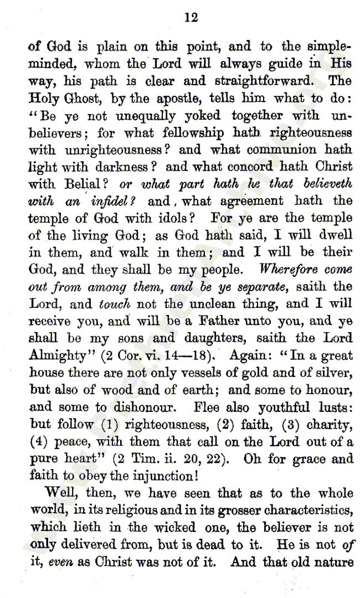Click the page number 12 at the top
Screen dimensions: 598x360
(191, 18)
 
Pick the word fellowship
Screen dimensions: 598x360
(189, 132)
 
